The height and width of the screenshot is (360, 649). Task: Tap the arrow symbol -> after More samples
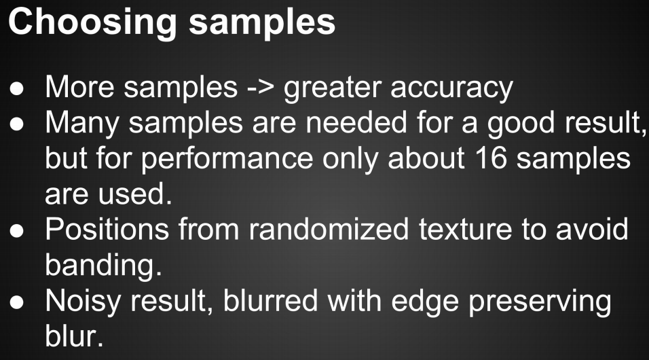[x=260, y=88]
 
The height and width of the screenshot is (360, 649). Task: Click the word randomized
[x=329, y=229]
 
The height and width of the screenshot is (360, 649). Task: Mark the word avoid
[x=592, y=229]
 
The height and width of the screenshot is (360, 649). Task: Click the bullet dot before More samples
[x=17, y=90]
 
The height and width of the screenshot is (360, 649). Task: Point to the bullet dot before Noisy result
[x=17, y=303]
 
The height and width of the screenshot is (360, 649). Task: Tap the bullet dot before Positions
[x=17, y=231]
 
